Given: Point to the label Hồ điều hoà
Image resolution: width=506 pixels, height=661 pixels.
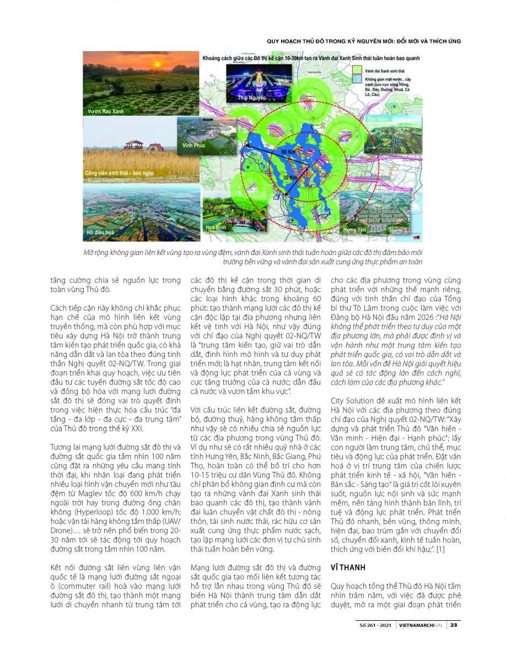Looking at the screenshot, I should pos(101,233).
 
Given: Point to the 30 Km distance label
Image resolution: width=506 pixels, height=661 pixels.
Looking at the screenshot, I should pos(292,178).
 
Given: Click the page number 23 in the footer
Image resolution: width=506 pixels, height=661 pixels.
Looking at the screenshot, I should pos(453,625).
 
